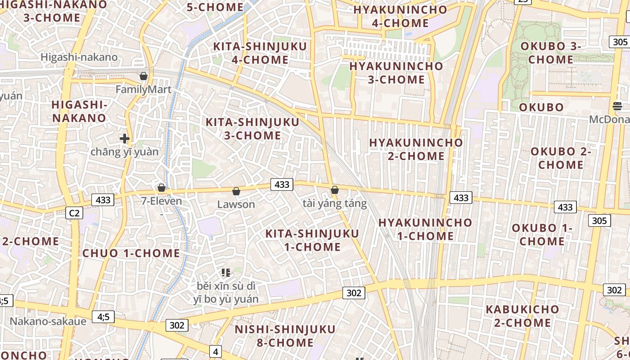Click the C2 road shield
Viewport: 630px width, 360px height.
tap(74, 213)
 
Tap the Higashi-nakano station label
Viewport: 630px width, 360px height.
tap(79, 57)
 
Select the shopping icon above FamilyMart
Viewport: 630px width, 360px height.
tap(144, 76)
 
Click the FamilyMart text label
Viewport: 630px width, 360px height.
tap(144, 89)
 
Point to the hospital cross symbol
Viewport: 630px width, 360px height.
tap(125, 139)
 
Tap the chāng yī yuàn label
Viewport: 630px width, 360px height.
tap(125, 152)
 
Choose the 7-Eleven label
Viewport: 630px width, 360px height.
tap(162, 201)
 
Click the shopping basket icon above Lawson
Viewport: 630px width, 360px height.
tap(236, 191)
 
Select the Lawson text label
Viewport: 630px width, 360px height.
tap(236, 204)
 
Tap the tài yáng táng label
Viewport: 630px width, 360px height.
tap(334, 203)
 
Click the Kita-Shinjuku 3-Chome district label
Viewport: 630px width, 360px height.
tap(252, 129)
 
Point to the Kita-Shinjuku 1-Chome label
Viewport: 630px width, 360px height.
tap(312, 240)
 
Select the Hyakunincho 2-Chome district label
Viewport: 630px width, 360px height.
tap(416, 149)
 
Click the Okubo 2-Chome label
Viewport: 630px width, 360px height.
tap(561, 158)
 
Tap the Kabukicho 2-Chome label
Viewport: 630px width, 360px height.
tap(522, 316)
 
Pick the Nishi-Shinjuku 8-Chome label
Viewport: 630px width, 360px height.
tap(285, 336)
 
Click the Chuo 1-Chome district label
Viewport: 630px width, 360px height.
tap(131, 253)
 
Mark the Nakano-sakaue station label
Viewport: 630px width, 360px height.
tap(48, 321)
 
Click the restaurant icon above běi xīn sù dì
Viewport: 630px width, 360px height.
tap(226, 272)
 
